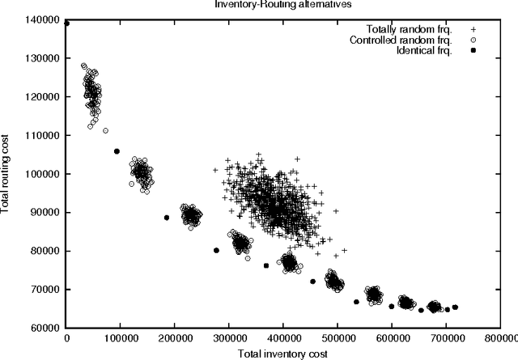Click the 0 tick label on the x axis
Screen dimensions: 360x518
click(x=66, y=339)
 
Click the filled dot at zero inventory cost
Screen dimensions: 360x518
click(x=66, y=23)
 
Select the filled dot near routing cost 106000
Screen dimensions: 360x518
click(x=117, y=151)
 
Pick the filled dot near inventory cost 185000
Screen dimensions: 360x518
click(x=167, y=218)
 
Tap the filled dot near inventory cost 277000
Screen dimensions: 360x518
click(x=216, y=251)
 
